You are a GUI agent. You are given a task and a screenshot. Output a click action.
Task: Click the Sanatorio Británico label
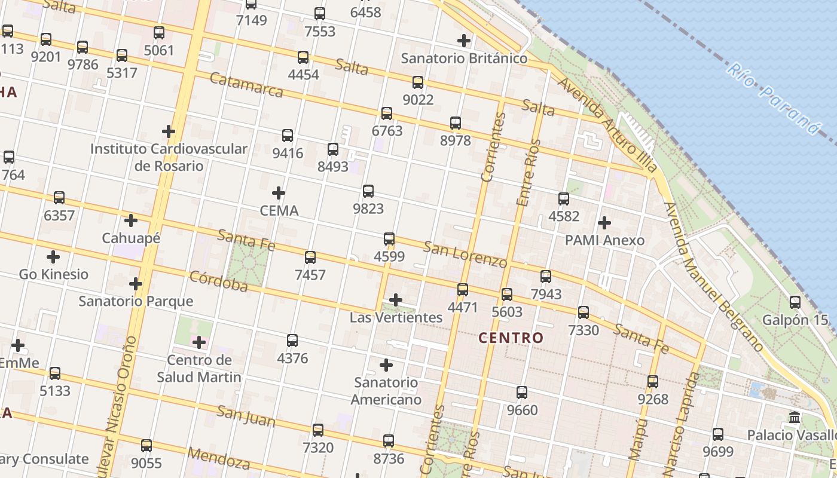tap(464, 59)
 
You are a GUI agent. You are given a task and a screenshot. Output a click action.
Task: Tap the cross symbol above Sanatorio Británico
tap(464, 41)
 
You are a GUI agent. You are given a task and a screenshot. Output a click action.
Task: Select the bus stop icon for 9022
tap(418, 82)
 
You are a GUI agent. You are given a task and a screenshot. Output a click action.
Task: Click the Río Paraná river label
tap(772, 99)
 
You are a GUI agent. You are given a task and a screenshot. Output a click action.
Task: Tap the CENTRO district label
tap(511, 338)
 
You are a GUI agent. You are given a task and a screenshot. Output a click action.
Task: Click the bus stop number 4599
tap(389, 257)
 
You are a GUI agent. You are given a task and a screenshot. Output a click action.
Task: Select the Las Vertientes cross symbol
tap(396, 300)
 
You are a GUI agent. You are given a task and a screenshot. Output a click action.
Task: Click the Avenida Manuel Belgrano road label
tap(713, 277)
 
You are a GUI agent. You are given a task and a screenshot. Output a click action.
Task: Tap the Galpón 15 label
tap(795, 320)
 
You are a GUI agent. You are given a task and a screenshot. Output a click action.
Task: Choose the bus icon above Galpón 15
tap(795, 302)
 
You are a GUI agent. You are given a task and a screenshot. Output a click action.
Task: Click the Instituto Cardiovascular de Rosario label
tap(169, 157)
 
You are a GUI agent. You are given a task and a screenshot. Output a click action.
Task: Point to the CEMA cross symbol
tap(279, 193)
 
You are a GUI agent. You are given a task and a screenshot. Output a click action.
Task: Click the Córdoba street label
tap(218, 281)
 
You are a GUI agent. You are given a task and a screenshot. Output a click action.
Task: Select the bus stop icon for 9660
tap(522, 393)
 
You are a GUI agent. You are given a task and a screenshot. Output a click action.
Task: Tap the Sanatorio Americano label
tap(386, 391)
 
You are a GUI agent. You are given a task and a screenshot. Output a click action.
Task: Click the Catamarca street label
tap(246, 85)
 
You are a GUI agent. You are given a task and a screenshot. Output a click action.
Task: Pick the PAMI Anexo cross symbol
tap(604, 223)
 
